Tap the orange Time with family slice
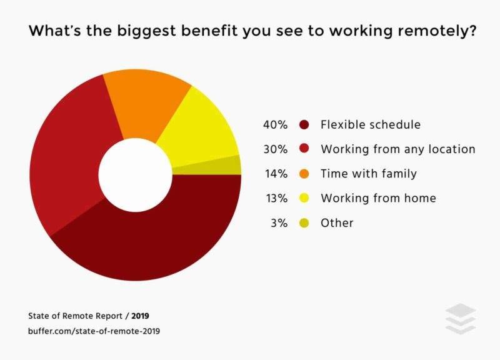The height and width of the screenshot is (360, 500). coord(147,102)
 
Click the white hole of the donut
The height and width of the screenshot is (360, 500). coord(136,175)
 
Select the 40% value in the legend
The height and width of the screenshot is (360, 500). coord(275,124)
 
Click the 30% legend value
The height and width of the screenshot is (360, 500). coord(276,149)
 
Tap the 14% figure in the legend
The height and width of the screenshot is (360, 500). coord(276,174)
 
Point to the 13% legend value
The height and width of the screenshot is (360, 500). coord(277,198)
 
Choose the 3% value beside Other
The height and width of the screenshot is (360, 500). coord(279,223)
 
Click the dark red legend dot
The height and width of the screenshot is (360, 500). coord(304,124)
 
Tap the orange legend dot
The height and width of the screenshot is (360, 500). coord(304,174)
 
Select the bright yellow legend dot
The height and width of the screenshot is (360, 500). coord(304,198)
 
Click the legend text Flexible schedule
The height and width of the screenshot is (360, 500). coord(371,124)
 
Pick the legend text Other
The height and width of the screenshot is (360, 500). coord(337,223)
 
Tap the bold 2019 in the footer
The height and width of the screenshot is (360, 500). coord(140,316)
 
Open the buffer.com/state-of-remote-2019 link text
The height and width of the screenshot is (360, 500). coord(94,331)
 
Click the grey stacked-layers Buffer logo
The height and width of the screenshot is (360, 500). coord(461,319)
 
